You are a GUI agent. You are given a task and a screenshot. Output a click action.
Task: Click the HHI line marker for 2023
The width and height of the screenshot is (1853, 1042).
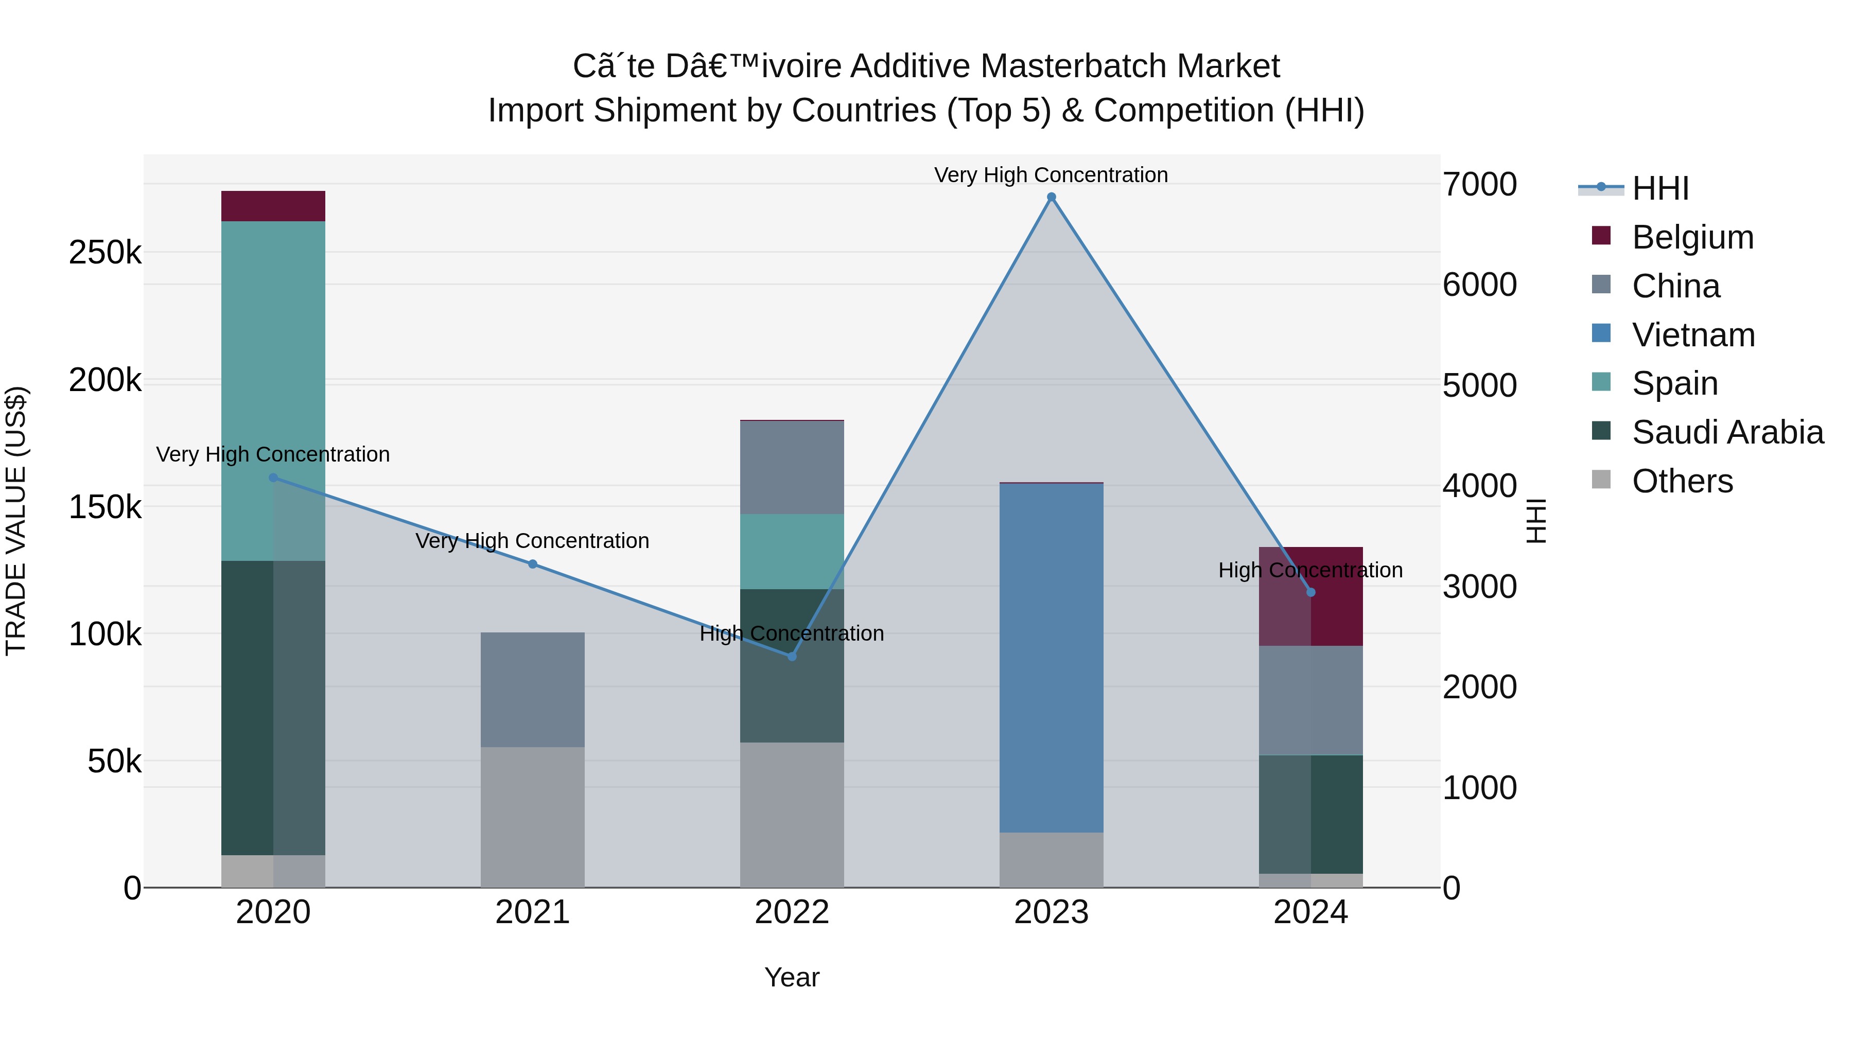[x=1051, y=197]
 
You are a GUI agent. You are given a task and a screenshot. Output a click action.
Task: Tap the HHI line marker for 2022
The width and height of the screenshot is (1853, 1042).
[x=792, y=656]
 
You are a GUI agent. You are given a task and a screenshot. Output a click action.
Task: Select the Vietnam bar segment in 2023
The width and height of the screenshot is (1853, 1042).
[x=1051, y=658]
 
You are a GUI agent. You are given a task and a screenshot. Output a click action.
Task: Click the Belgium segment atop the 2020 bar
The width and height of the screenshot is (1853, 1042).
[x=273, y=206]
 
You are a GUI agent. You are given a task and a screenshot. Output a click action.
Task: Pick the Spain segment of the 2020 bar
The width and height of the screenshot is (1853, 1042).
[x=273, y=391]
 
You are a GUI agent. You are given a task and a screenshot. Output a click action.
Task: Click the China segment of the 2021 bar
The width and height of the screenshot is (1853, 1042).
[x=532, y=690]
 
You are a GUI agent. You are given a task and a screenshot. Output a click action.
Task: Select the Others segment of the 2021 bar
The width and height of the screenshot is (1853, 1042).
[x=532, y=817]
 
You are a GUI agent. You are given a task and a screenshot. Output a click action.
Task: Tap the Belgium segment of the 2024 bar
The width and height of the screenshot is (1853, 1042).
[x=1310, y=596]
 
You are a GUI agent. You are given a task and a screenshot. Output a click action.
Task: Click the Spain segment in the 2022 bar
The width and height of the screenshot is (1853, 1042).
[x=792, y=552]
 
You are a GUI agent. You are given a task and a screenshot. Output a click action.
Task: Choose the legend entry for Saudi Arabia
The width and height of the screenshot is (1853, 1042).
[x=1726, y=432]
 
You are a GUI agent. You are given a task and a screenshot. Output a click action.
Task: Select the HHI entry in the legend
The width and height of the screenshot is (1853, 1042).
[x=1659, y=188]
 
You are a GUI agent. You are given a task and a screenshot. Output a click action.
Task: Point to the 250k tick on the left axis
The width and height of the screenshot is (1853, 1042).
[x=105, y=253]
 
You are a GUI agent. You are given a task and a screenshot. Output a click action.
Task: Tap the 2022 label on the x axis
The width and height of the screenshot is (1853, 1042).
[x=792, y=912]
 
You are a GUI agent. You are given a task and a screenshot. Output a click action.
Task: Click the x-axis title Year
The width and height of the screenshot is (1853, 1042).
[x=792, y=977]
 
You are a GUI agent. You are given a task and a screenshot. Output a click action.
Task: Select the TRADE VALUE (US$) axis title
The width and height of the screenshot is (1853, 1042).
[x=16, y=521]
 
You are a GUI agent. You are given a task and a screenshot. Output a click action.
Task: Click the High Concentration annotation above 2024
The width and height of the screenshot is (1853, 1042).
[x=1310, y=570]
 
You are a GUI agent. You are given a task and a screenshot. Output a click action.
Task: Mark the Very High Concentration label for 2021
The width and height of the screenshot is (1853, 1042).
[x=532, y=541]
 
